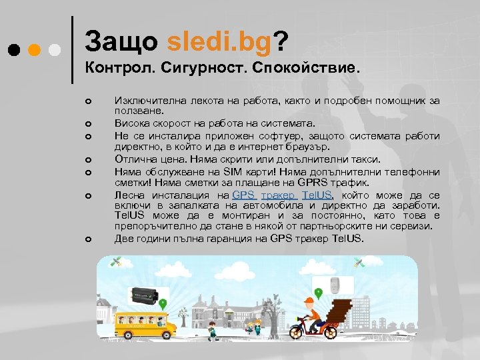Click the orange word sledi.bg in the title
coord(220,42)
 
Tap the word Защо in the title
coord(122,42)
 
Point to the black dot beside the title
coord(14,50)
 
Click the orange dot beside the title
coord(35,50)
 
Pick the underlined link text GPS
coord(244,195)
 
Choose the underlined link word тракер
coord(279,195)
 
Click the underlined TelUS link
coord(317,195)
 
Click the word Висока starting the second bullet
coord(132,123)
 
